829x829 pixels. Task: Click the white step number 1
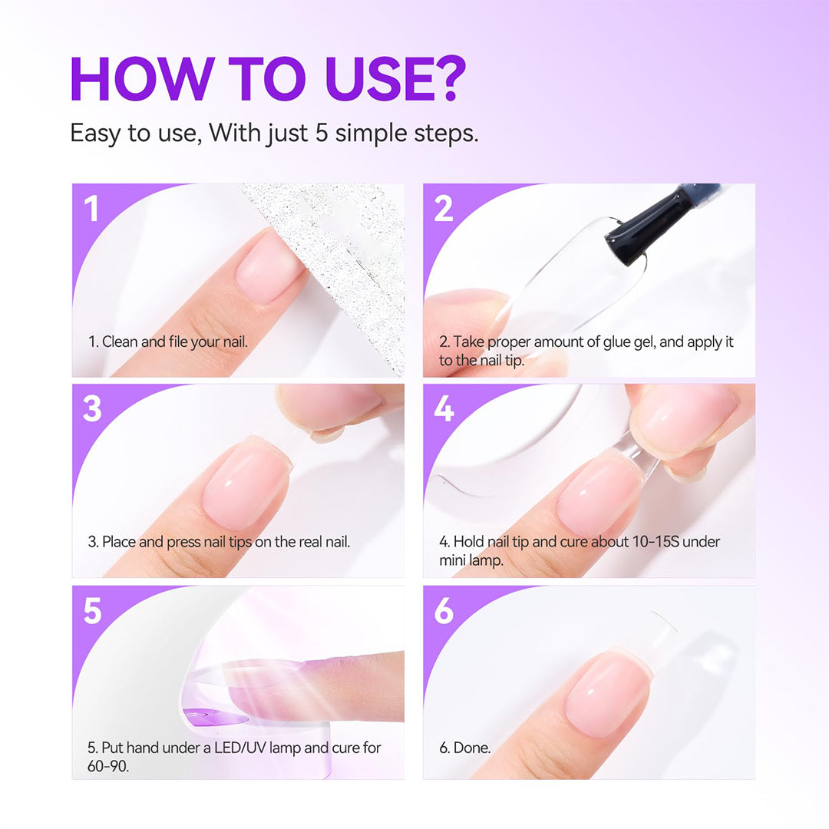92,208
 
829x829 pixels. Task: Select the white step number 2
444,208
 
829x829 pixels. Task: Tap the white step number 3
92,409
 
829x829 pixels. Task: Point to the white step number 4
444,409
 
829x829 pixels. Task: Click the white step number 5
92,611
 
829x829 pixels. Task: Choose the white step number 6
444,611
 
